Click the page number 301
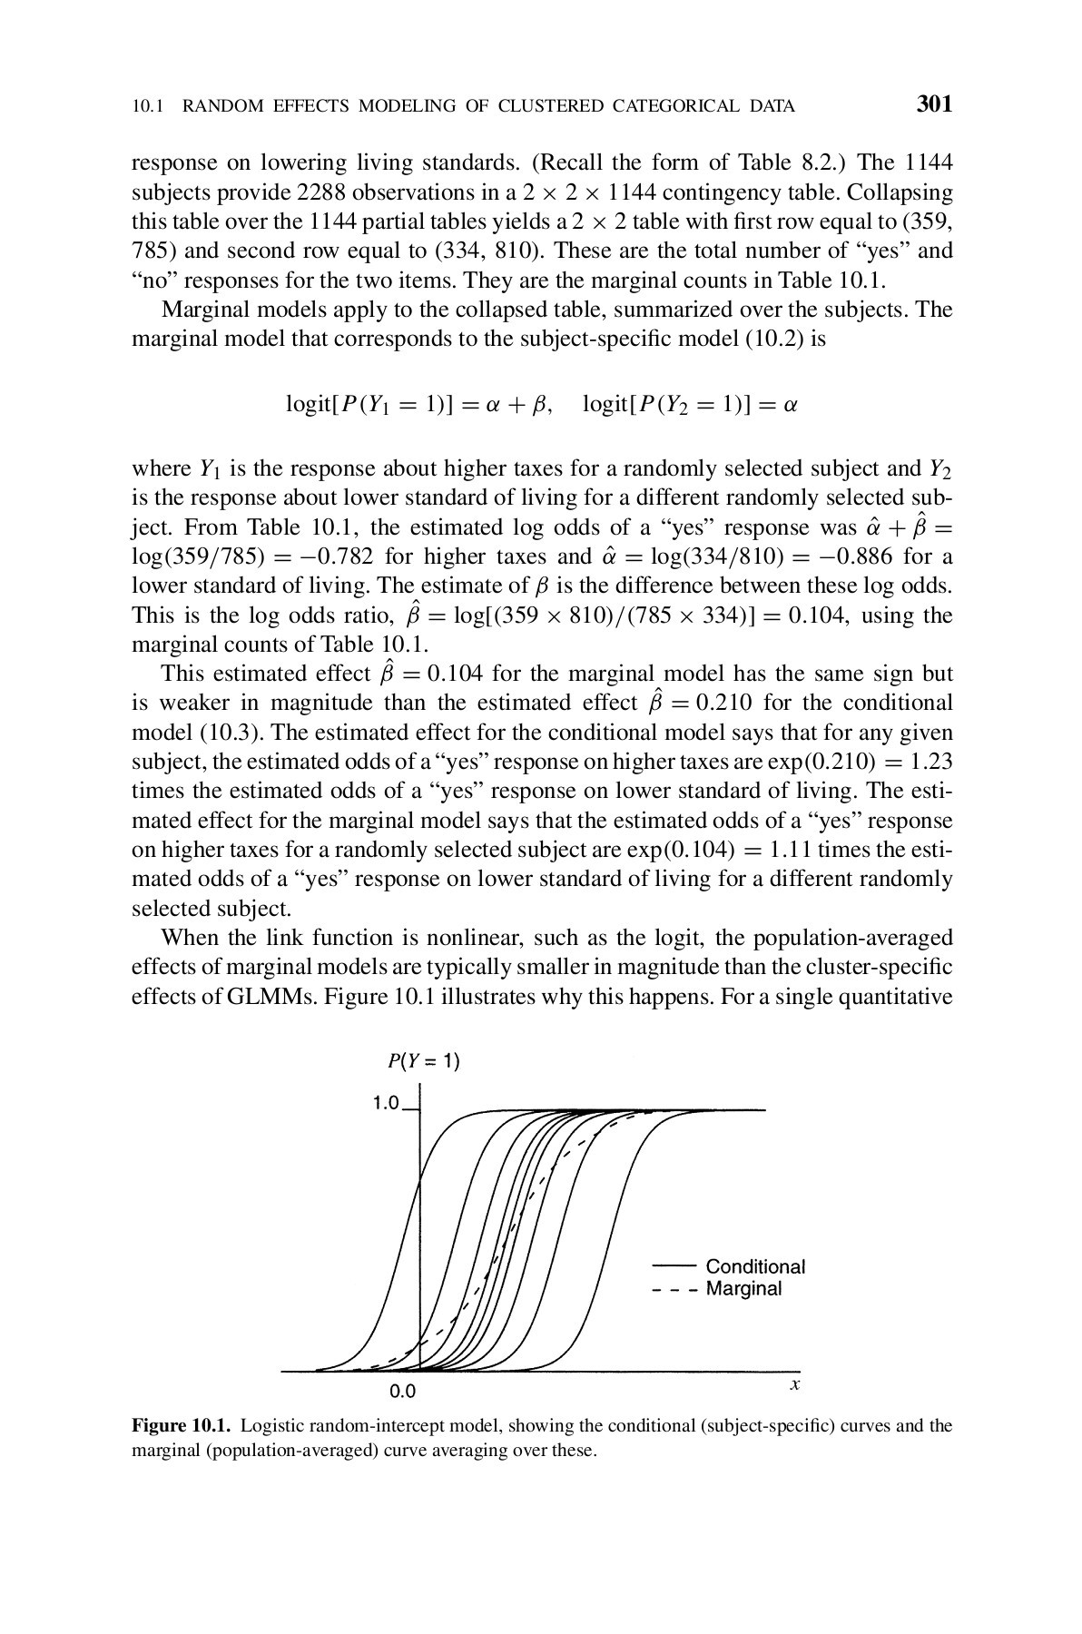tap(934, 104)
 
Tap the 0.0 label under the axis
tap(402, 1390)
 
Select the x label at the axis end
tap(794, 1385)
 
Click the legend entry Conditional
tap(755, 1266)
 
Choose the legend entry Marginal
tap(743, 1289)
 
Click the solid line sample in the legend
tap(674, 1264)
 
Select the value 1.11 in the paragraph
tap(791, 850)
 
